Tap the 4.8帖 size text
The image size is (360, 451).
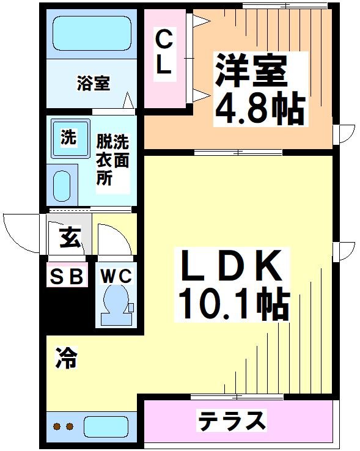coord(258,110)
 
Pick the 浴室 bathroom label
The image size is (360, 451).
coord(94,83)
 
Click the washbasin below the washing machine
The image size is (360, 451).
coord(62,185)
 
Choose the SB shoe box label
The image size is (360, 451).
coord(65,277)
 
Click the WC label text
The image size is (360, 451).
coord(116,276)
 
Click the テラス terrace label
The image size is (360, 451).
coord(232,421)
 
